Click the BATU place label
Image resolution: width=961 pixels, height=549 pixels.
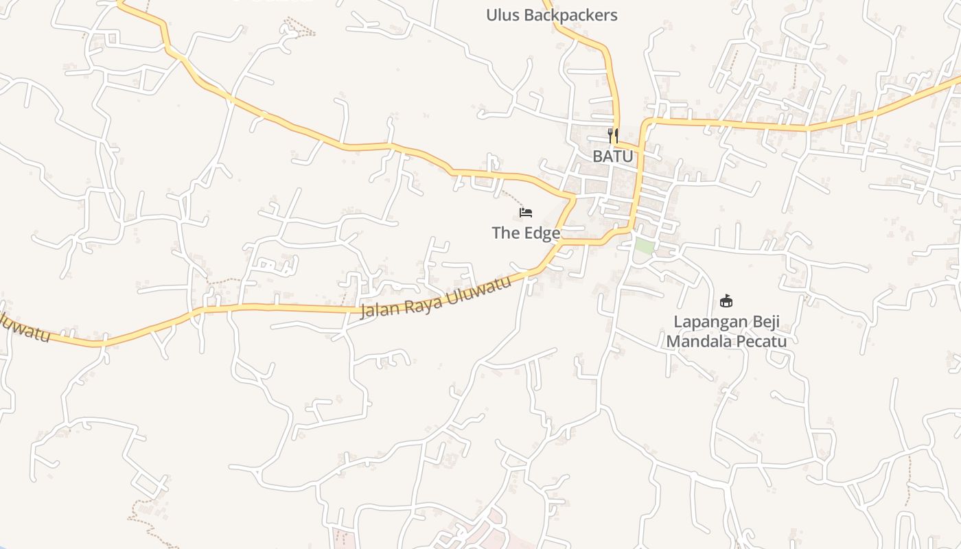[613, 156]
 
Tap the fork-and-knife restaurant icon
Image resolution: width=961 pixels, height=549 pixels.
[613, 135]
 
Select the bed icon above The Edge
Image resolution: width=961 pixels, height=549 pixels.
[526, 213]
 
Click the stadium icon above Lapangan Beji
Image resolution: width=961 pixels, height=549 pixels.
[726, 301]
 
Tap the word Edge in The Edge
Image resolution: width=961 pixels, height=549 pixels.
[543, 233]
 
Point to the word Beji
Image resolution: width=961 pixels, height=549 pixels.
[766, 323]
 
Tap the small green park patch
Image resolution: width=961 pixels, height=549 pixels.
[643, 246]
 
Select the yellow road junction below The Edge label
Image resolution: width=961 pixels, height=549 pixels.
[561, 242]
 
